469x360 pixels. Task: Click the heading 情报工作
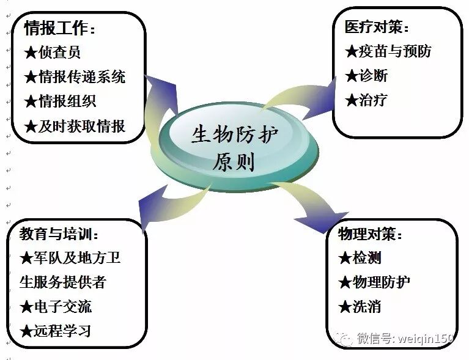pos(60,28)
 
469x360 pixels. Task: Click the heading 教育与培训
pos(59,234)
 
